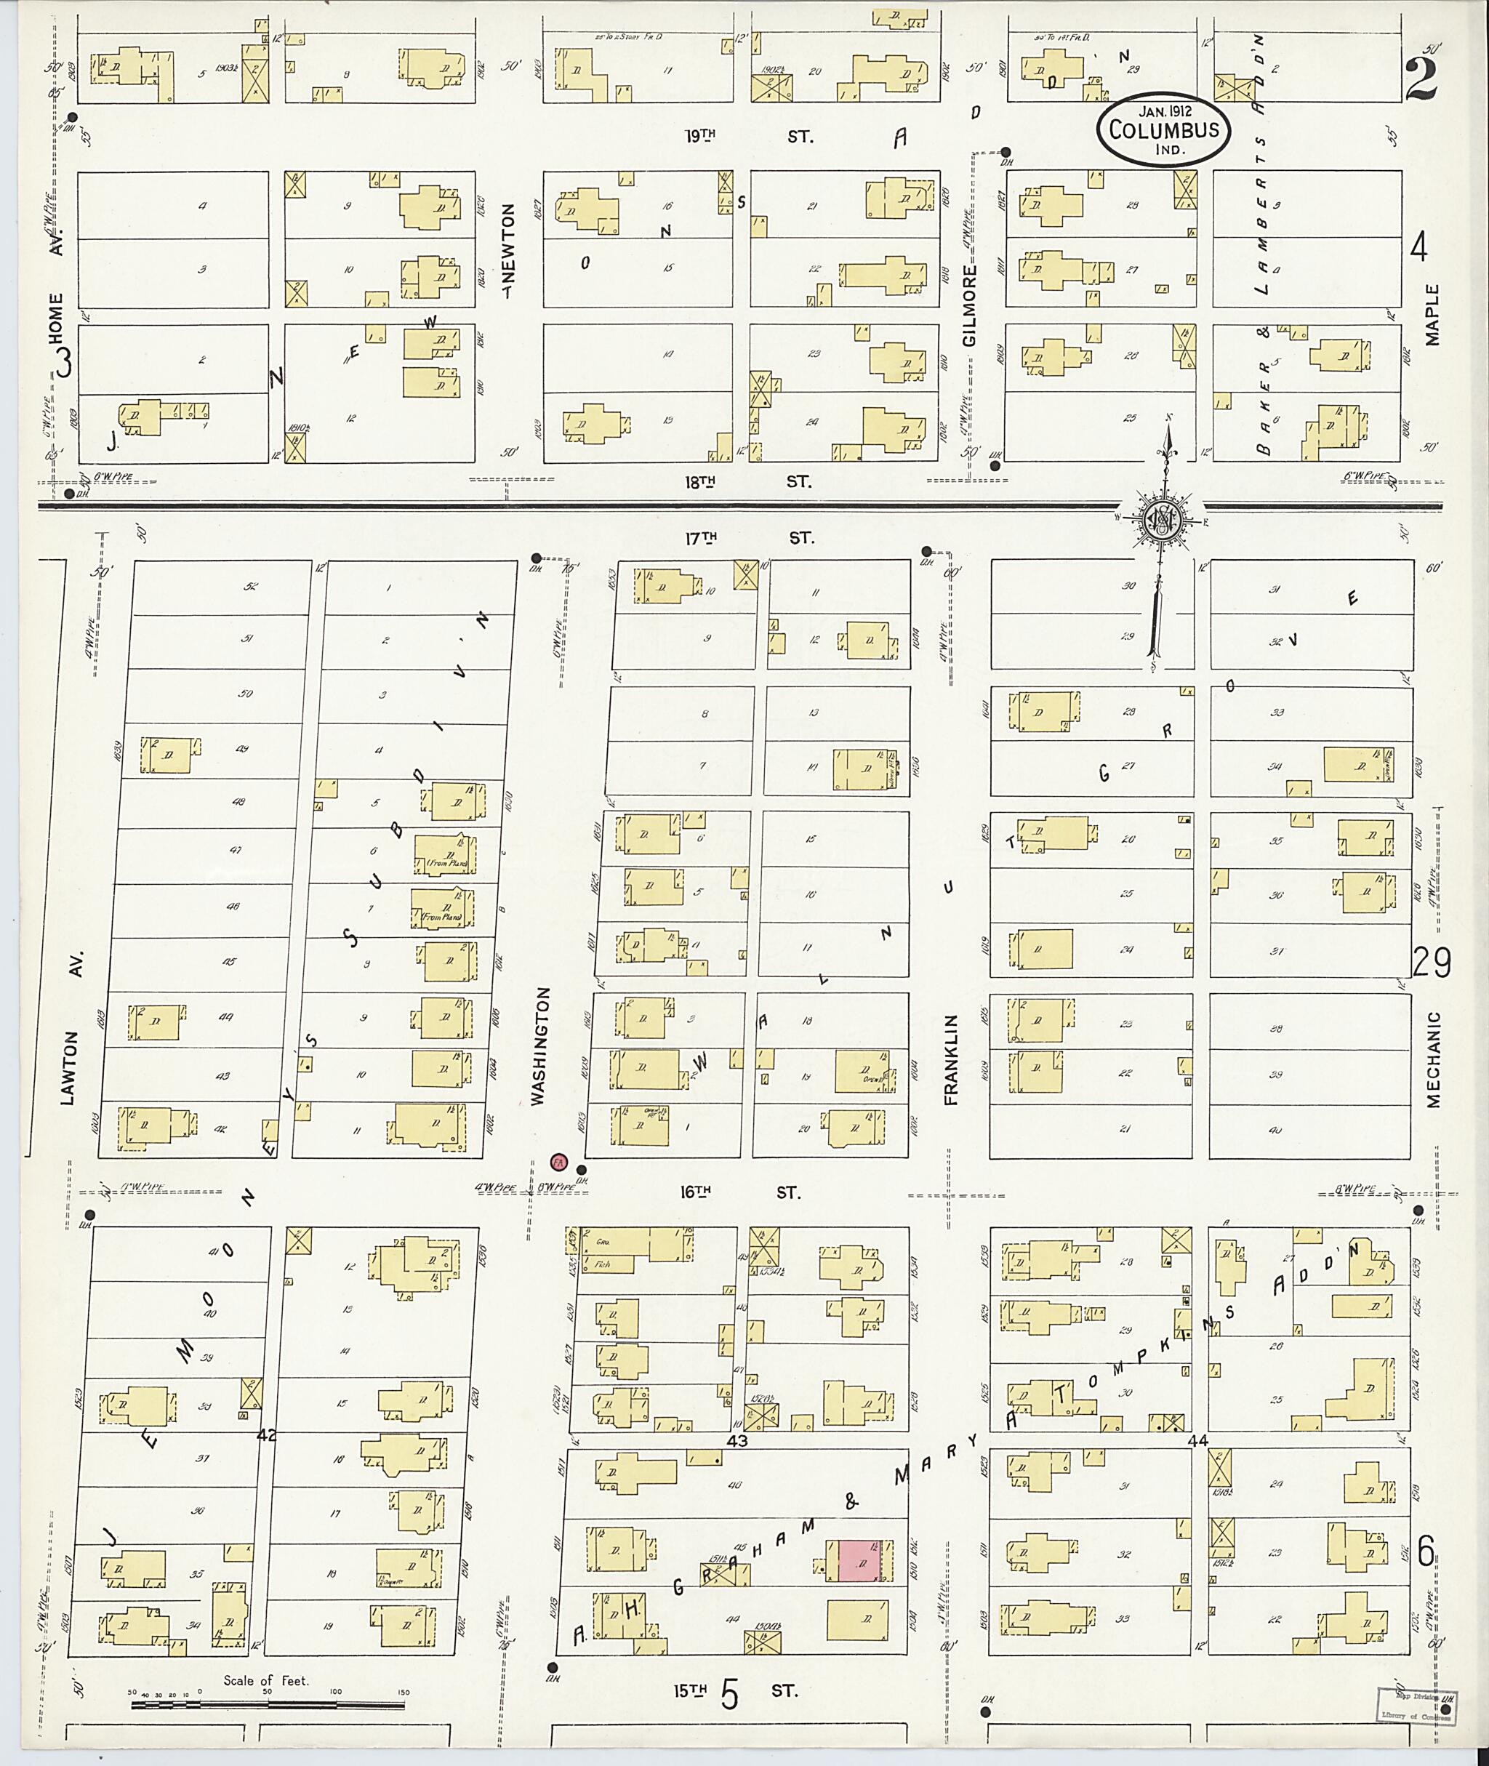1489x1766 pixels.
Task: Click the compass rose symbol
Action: [x=1163, y=522]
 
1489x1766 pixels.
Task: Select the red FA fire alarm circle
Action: [x=557, y=1162]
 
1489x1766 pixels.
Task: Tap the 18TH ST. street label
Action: [x=748, y=482]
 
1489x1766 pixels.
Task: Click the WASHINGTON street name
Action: [x=540, y=1047]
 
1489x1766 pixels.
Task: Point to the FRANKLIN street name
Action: [x=952, y=1059]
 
